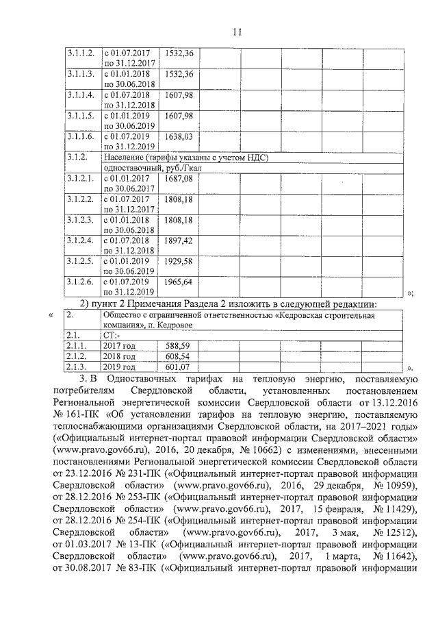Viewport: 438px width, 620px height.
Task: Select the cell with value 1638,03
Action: click(x=179, y=136)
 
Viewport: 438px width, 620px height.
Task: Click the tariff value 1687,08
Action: click(x=179, y=178)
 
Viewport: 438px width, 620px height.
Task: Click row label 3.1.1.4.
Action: click(x=81, y=95)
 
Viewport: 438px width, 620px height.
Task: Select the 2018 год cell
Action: click(x=119, y=356)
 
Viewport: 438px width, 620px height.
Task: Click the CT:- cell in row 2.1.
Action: click(x=112, y=336)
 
